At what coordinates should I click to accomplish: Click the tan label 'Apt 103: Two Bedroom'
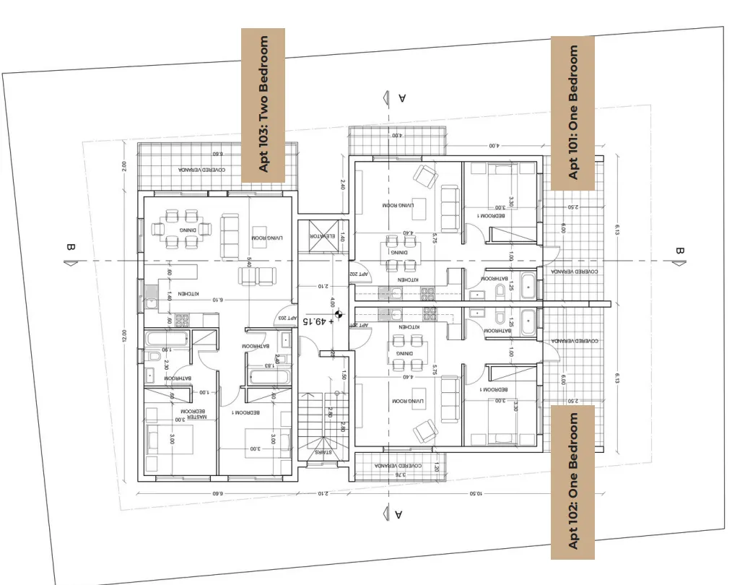pos(263,104)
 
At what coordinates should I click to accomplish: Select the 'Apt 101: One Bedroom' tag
pos(573,113)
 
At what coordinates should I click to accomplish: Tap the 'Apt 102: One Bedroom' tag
pos(573,481)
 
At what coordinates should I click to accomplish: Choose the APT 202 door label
pos(360,274)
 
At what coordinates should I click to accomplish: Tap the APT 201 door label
pos(360,326)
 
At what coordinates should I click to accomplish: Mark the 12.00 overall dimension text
pos(124,337)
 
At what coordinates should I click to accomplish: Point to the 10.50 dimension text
pos(475,493)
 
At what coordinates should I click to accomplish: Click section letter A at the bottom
pos(398,514)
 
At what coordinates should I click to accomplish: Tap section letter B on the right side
pos(679,251)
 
